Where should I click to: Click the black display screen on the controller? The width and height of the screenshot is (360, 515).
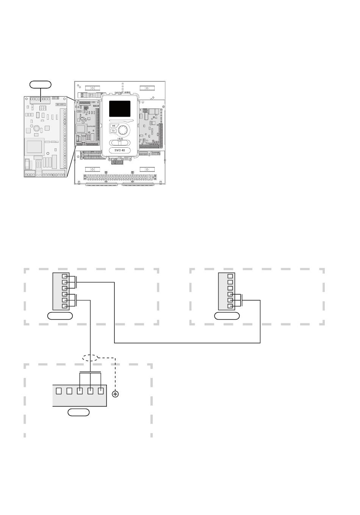pos(120,109)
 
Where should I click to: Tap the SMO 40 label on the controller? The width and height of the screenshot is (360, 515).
pos(120,150)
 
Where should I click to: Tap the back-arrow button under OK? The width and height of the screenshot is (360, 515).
pos(113,131)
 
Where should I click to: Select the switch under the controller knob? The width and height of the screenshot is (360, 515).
pos(120,143)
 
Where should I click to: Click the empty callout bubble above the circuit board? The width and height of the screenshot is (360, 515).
pos(41,84)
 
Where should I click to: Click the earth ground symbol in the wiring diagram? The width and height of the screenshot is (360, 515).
pos(115,394)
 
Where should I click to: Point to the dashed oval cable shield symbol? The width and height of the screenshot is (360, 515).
pos(90,357)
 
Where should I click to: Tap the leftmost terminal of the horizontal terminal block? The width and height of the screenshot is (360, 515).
pos(59,391)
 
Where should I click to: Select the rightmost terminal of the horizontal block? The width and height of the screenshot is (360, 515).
pos(101,391)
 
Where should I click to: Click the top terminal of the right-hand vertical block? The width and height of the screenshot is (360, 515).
pos(230,276)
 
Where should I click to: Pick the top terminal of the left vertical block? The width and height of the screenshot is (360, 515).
pos(65,276)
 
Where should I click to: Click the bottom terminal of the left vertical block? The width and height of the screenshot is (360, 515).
pos(65,306)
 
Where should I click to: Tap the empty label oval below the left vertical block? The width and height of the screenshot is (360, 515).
pos(60,316)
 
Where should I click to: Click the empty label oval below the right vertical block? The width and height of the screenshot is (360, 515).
pos(227,316)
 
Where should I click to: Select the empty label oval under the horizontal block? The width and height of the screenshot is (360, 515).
pos(79,412)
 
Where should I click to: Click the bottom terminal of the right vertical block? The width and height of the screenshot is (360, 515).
pos(230,306)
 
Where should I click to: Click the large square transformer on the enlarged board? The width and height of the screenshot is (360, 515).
pos(34,147)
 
